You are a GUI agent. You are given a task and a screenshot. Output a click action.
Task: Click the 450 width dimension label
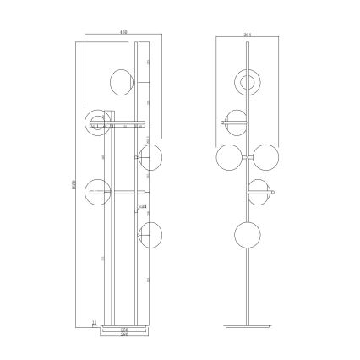click(124, 34)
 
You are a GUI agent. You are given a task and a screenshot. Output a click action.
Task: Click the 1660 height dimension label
click(76, 184)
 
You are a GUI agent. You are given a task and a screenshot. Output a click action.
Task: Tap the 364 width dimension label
click(247, 34)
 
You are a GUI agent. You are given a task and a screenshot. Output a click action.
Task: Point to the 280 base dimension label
click(123, 336)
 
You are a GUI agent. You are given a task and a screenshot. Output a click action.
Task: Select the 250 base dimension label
click(123, 330)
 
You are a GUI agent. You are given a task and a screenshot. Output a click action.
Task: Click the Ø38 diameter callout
click(142, 207)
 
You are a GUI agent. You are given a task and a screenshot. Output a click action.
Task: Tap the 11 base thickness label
click(93, 322)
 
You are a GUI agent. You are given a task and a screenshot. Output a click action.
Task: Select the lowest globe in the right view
click(248, 234)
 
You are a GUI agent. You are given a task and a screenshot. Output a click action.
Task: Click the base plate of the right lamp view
click(248, 325)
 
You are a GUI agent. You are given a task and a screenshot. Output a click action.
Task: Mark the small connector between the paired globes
click(247, 158)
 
